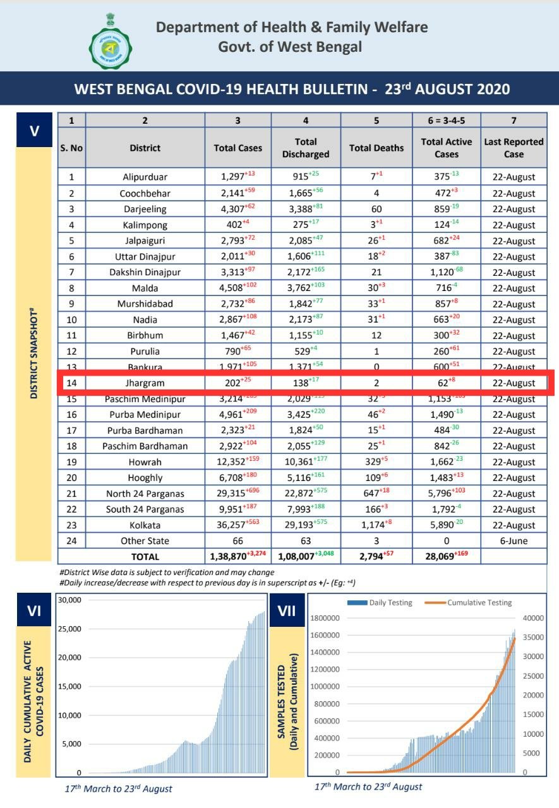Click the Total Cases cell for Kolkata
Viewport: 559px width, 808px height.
pyautogui.click(x=234, y=525)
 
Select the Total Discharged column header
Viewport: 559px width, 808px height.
pyautogui.click(x=306, y=148)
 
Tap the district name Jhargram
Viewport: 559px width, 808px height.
pyautogui.click(x=145, y=383)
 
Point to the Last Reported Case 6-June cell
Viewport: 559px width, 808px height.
pyautogui.click(x=514, y=541)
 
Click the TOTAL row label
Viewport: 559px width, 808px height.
pyautogui.click(x=145, y=557)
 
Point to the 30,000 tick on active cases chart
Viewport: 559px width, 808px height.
pyautogui.click(x=69, y=600)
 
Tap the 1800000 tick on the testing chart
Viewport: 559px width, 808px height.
pyautogui.click(x=326, y=618)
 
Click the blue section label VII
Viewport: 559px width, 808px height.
pyautogui.click(x=287, y=612)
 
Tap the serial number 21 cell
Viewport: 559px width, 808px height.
pyautogui.click(x=71, y=494)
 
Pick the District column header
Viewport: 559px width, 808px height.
pyautogui.click(x=145, y=148)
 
